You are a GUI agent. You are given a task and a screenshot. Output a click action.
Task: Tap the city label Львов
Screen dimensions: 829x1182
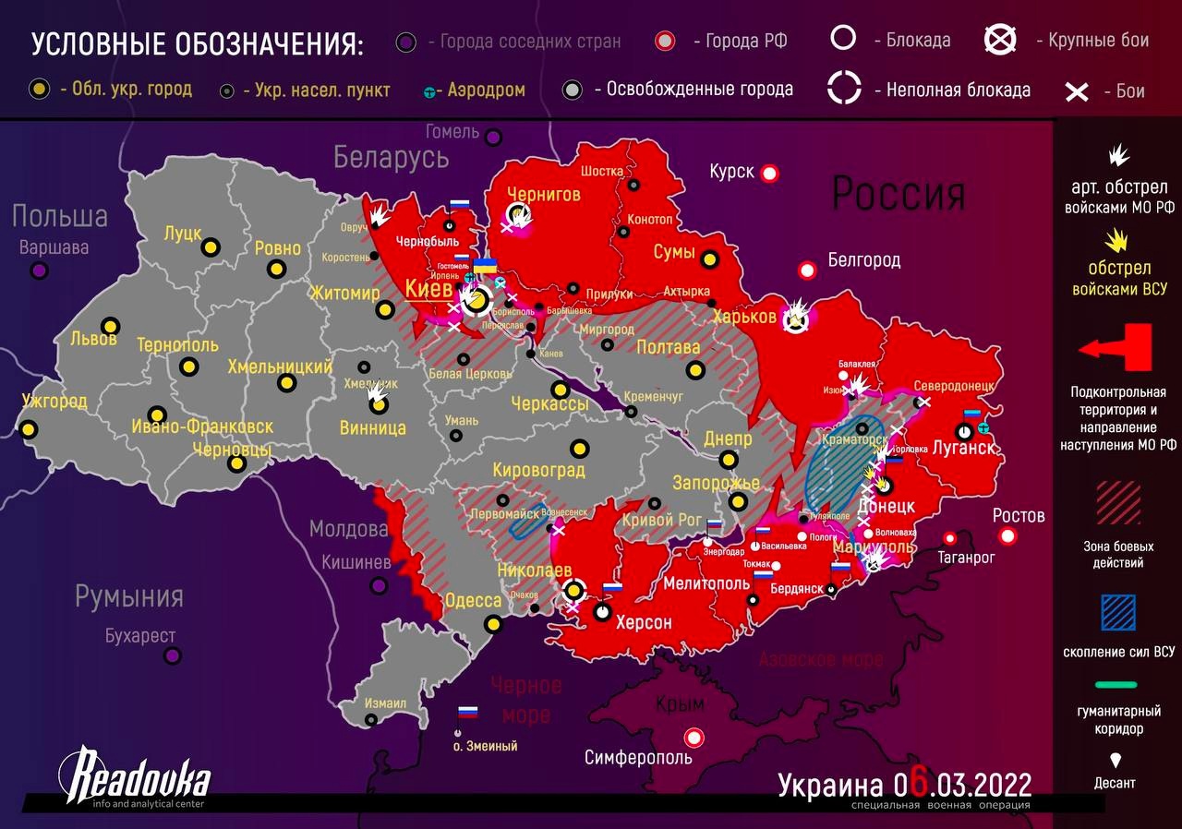93,339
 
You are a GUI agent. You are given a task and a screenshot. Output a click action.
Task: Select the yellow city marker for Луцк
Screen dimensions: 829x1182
211,247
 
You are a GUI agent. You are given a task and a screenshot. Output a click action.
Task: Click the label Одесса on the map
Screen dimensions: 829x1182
473,601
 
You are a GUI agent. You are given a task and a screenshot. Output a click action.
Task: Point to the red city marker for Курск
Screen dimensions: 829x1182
769,173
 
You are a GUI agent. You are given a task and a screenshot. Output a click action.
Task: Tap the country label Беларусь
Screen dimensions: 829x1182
391,158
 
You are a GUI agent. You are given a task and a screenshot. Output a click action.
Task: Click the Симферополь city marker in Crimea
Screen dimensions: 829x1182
693,738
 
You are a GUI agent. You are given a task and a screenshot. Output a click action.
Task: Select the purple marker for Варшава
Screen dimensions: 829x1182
39,270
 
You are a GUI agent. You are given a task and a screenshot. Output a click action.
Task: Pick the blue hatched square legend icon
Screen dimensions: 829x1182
1118,613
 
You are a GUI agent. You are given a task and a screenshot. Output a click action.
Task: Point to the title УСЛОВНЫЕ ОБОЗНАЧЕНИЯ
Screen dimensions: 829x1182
198,43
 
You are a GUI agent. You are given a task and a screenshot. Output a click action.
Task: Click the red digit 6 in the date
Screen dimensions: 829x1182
917,786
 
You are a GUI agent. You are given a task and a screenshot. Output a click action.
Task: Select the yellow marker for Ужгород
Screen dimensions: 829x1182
30,429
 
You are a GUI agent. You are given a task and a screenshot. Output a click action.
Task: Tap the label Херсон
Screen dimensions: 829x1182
644,622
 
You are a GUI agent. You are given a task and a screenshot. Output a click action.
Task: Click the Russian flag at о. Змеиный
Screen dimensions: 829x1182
468,714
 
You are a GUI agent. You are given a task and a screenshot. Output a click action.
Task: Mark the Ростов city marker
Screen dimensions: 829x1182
1007,536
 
